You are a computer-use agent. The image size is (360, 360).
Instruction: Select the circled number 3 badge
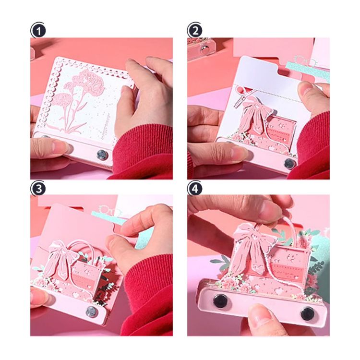[38, 188]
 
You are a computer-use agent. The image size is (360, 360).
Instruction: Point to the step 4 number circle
[195, 188]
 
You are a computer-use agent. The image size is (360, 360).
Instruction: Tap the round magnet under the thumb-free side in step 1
[102, 154]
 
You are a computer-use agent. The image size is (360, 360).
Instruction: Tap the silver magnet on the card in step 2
[289, 163]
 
